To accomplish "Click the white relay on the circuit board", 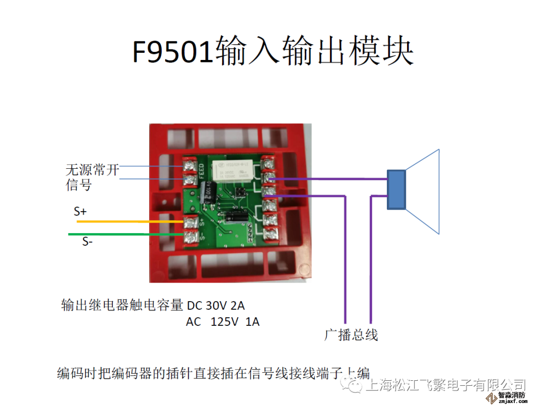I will pyautogui.click(x=233, y=172).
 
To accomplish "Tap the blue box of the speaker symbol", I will pyautogui.click(x=396, y=189).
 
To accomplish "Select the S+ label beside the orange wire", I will pyautogui.click(x=80, y=212).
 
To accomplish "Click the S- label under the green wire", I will pyautogui.click(x=88, y=242).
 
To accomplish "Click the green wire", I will pyautogui.click(x=126, y=234).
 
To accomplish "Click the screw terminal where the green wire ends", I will pyautogui.click(x=190, y=235).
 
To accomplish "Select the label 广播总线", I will pyautogui.click(x=351, y=334).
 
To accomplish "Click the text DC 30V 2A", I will pyautogui.click(x=216, y=306).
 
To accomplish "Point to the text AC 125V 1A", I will pyautogui.click(x=223, y=322).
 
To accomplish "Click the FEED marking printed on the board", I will pyautogui.click(x=201, y=171).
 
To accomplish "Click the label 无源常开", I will pyautogui.click(x=92, y=170).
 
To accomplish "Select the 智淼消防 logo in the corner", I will pyautogui.click(x=512, y=397).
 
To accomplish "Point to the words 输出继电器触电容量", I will pyautogui.click(x=122, y=306).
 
